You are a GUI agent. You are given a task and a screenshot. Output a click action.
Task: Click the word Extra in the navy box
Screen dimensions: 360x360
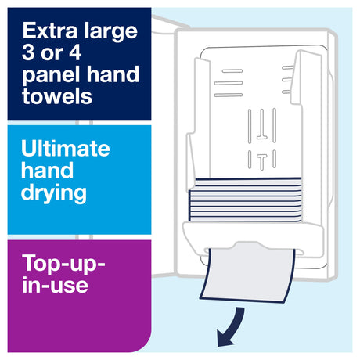point(50,31)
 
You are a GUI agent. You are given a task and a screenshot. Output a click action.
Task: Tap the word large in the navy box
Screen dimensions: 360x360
point(110,32)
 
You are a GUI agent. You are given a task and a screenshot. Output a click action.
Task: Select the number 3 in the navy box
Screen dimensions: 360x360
point(28,52)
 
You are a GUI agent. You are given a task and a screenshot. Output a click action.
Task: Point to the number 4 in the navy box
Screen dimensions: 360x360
point(75,52)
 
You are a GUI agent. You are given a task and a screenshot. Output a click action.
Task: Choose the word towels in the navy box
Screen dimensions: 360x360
point(57,96)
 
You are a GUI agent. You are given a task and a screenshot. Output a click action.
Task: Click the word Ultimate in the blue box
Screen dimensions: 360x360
point(66,148)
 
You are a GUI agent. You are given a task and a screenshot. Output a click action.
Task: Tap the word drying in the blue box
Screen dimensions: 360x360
point(54,194)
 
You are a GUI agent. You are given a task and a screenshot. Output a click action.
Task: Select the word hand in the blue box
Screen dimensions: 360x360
point(47,170)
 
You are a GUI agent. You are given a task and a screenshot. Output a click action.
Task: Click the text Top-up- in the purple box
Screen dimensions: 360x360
point(63,265)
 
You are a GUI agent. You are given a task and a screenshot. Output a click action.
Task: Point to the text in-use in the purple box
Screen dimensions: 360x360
point(55,284)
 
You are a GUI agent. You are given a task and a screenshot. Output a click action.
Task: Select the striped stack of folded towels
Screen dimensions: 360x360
point(245,200)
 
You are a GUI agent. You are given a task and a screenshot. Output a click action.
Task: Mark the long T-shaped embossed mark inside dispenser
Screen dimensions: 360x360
point(261,124)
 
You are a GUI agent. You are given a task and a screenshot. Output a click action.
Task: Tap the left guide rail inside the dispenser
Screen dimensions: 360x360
point(198,123)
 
